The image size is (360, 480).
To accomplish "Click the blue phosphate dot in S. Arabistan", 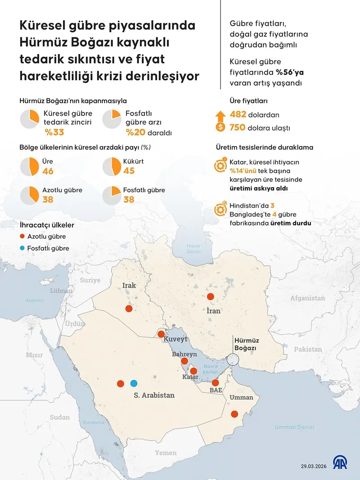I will [133, 383].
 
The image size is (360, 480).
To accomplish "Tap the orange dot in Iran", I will [210, 296].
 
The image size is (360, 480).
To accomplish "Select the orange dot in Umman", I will [234, 414].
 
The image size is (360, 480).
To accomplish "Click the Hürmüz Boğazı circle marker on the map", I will [234, 360].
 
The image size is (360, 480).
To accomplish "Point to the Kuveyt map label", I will [175, 339].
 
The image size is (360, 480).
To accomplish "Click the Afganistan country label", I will [307, 298].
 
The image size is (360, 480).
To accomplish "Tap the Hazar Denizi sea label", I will [193, 249].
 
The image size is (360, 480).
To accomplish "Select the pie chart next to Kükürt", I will [112, 166].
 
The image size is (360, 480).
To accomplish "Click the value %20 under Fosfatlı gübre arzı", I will [135, 132].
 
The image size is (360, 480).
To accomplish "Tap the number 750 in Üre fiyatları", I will [237, 127].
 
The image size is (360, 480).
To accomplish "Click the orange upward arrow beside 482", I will [220, 115].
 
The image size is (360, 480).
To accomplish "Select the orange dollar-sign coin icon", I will [220, 127].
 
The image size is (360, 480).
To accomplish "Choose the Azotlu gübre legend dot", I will [22, 236].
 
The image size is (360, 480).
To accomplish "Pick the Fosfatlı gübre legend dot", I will [22, 248].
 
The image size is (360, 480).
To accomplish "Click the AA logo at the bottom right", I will [340, 462].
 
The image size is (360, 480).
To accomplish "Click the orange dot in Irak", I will [129, 308].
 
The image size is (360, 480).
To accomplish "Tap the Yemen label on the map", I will [166, 453].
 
